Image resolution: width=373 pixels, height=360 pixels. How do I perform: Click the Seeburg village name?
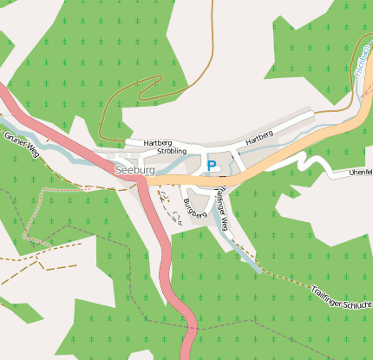134,171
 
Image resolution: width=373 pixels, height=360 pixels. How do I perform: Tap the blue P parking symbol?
212,165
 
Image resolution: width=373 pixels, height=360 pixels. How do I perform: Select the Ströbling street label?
171,151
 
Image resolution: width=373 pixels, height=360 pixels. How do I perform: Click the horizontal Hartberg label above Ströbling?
157,142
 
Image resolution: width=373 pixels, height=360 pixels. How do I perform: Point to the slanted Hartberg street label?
259,137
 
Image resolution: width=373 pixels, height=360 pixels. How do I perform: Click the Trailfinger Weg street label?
223,209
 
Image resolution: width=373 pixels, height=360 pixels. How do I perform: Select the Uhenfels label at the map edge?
359,172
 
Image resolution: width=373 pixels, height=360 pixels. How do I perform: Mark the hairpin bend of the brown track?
160,81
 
